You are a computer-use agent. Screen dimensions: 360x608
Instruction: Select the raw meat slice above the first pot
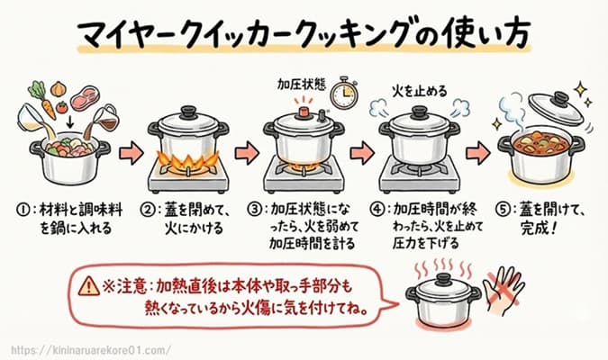(x=86, y=95)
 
